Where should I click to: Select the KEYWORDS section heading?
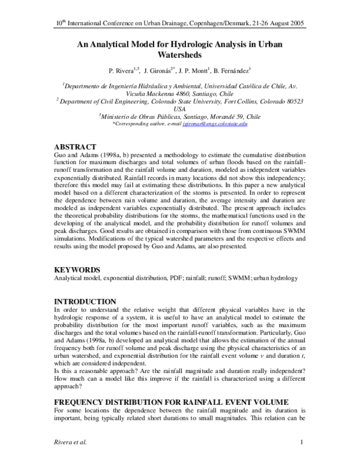78,270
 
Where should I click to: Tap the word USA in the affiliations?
179,109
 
